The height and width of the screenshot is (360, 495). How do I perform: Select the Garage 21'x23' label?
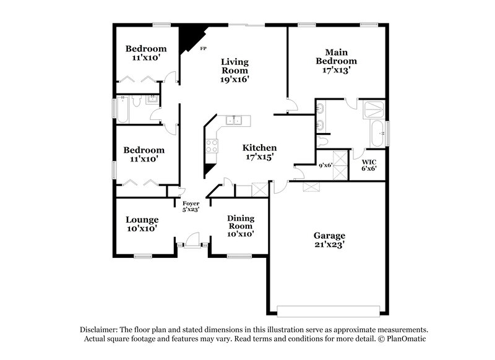(329, 239)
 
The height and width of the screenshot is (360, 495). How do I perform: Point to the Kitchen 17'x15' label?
(259, 152)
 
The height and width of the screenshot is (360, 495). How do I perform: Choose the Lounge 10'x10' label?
(142, 224)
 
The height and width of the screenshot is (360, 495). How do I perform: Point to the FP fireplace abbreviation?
(202, 48)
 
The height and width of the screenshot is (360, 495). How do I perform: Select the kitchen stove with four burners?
(212, 146)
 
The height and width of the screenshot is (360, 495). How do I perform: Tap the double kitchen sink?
(235, 120)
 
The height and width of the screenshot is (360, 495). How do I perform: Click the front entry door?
(192, 240)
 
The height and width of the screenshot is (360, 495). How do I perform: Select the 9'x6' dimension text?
(325, 165)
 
